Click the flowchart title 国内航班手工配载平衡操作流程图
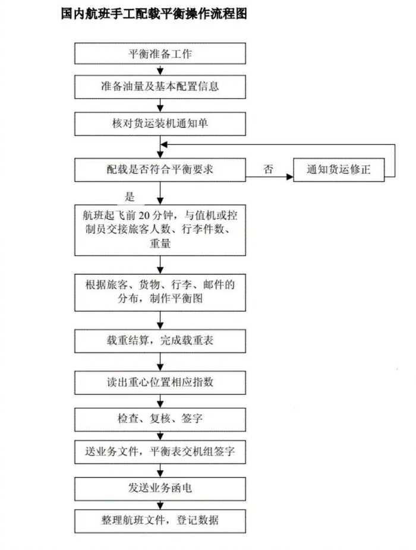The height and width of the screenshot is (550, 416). [x=153, y=13]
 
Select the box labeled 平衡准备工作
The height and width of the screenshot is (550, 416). [x=160, y=55]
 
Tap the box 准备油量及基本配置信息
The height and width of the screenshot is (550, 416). [x=160, y=87]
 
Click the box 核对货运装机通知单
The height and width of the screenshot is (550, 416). [x=160, y=124]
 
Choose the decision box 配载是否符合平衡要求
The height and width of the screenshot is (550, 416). [x=160, y=169]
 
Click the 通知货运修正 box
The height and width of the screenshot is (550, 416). [x=339, y=169]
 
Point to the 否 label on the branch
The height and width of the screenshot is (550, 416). [x=268, y=169]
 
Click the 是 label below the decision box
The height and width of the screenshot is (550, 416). [x=130, y=197]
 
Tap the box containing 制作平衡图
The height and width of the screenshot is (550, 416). [x=160, y=292]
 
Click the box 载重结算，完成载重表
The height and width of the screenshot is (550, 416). [x=160, y=341]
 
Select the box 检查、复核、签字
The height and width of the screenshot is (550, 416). [x=160, y=418]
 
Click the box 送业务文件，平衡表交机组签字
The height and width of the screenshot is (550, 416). [x=160, y=452]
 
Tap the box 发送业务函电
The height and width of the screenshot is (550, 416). [x=160, y=488]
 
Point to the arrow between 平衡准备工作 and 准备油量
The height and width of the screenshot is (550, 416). [x=160, y=71]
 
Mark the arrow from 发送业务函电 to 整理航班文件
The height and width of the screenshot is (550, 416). [x=160, y=504]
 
